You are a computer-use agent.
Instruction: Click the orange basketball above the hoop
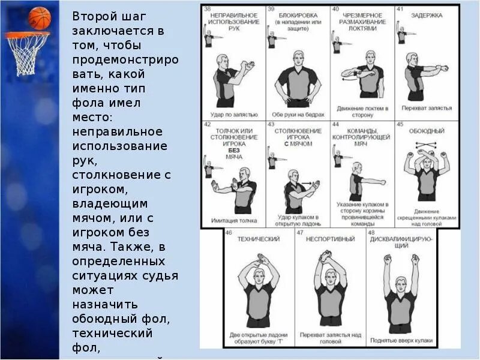pyautogui.click(x=40, y=18)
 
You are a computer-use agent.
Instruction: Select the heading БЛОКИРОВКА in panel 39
pyautogui.click(x=296, y=15)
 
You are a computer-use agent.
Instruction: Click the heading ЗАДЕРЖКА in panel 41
pyautogui.click(x=427, y=16)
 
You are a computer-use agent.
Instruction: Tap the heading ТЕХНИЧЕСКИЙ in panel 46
pyautogui.click(x=259, y=239)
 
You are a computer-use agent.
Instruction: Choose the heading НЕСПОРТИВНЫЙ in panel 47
pyautogui.click(x=329, y=239)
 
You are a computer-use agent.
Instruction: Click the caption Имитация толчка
pyautogui.click(x=230, y=220)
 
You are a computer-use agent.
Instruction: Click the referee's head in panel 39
pyautogui.click(x=298, y=58)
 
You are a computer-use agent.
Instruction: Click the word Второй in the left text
pyautogui.click(x=94, y=17)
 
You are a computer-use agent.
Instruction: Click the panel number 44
pyautogui.click(x=335, y=124)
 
